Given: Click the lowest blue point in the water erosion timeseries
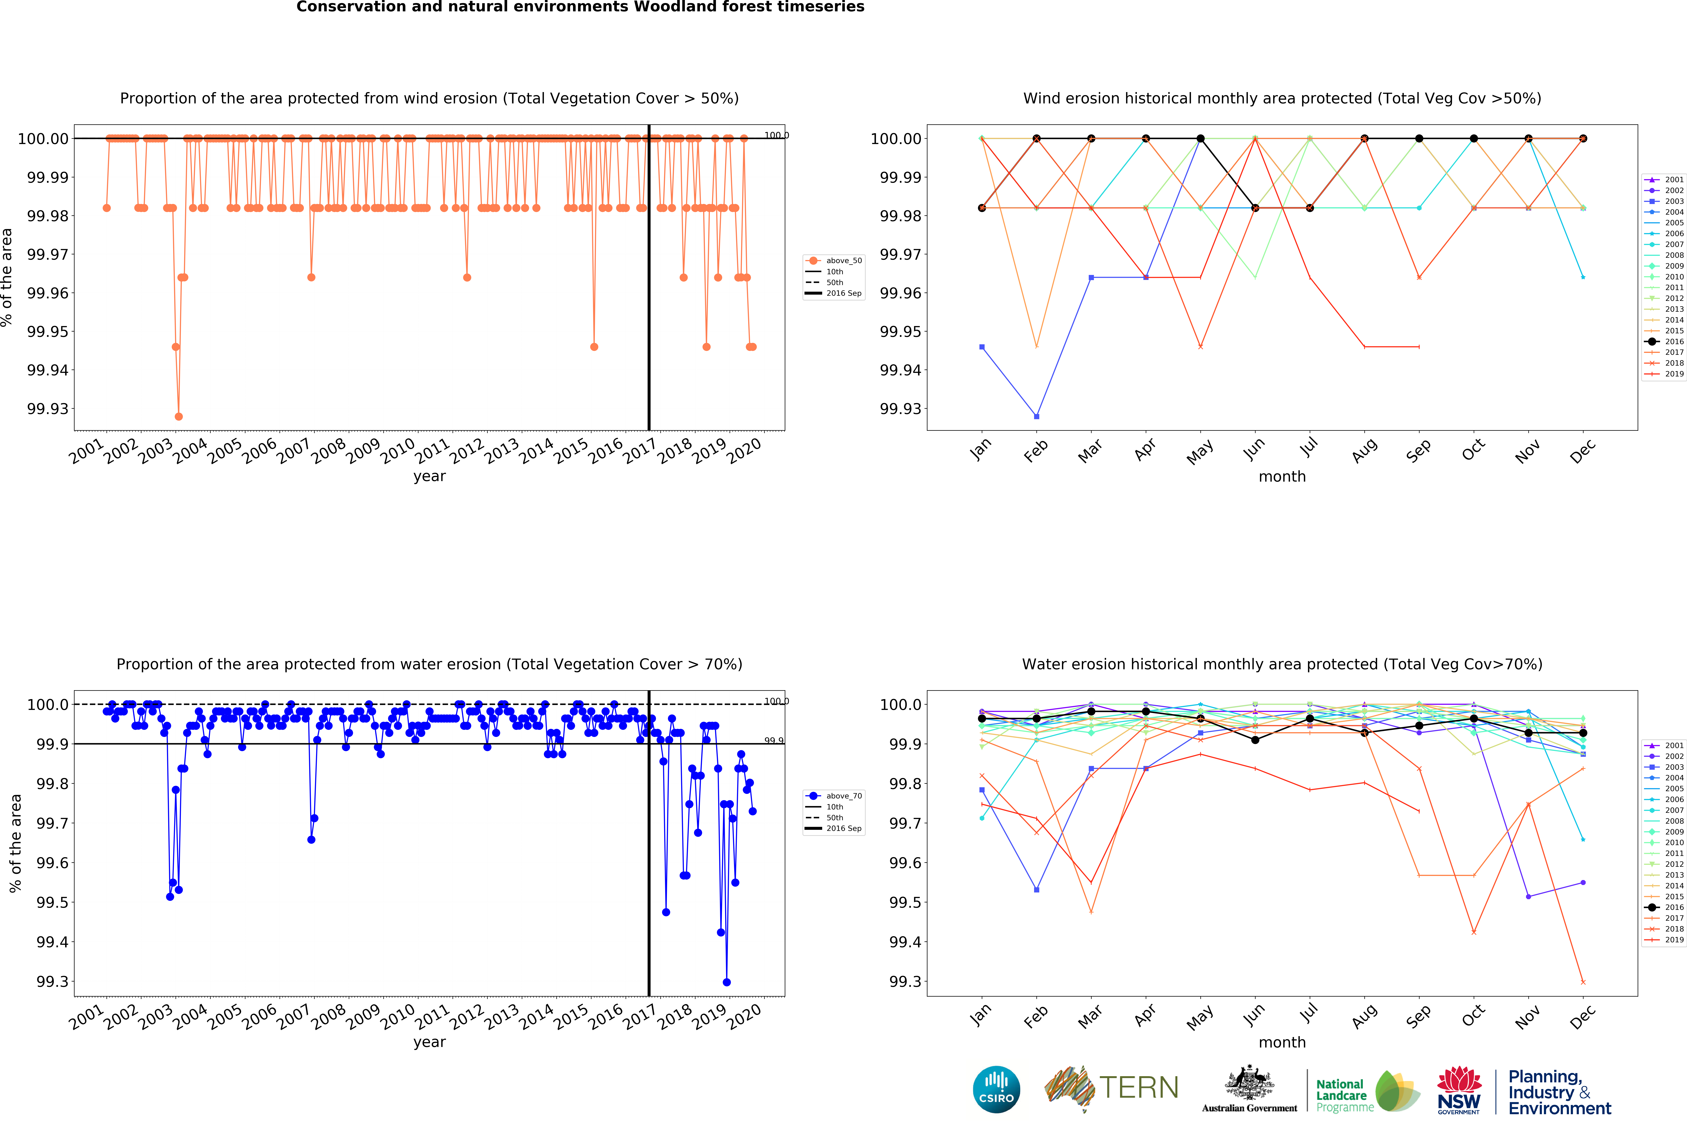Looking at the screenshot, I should click(x=726, y=982).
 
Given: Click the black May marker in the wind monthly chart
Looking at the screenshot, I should click(x=1201, y=139).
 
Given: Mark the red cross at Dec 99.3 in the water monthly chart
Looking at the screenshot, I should click(x=1583, y=982).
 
